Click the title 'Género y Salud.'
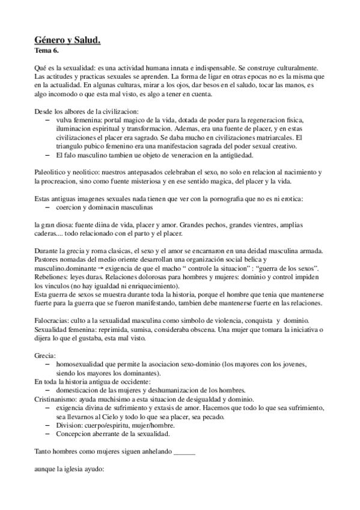67,40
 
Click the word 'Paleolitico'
50,172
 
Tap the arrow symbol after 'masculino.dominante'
103,266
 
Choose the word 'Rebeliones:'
52,275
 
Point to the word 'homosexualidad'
82,364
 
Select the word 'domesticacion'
78,390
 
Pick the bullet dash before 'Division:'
47,424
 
